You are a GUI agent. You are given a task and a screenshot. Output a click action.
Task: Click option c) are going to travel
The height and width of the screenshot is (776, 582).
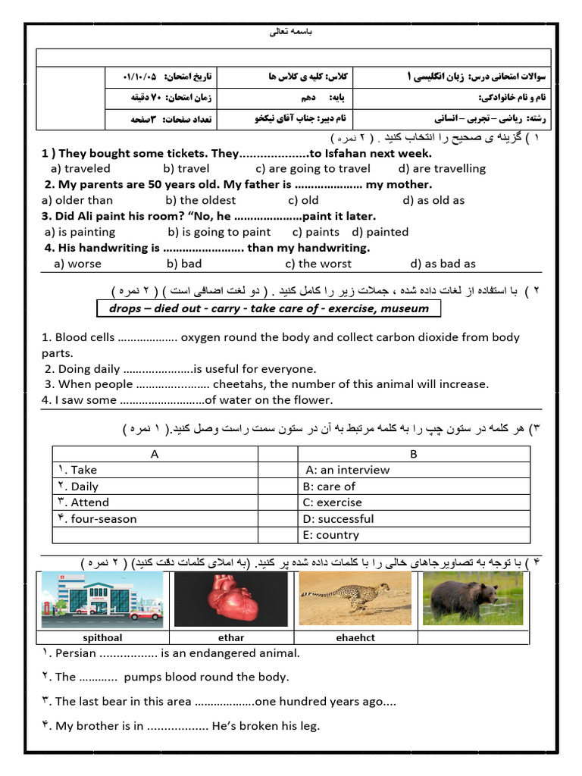313,168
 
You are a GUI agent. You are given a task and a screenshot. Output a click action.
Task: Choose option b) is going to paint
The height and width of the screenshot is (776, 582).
219,232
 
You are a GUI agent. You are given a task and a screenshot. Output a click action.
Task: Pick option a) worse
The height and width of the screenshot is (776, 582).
77,264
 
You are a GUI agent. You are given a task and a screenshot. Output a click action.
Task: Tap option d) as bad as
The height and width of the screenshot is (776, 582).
443,264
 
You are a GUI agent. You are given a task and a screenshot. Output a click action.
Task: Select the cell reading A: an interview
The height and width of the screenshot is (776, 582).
346,470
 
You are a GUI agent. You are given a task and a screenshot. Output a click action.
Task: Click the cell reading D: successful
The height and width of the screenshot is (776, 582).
339,519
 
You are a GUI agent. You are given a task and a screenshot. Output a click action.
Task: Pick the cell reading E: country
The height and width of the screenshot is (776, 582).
331,535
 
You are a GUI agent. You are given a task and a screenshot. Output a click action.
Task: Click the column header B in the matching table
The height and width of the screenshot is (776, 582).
414,454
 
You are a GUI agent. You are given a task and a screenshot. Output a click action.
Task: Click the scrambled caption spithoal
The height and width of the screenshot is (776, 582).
103,638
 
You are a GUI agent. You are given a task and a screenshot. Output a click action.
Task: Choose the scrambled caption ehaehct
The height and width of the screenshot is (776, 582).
355,638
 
